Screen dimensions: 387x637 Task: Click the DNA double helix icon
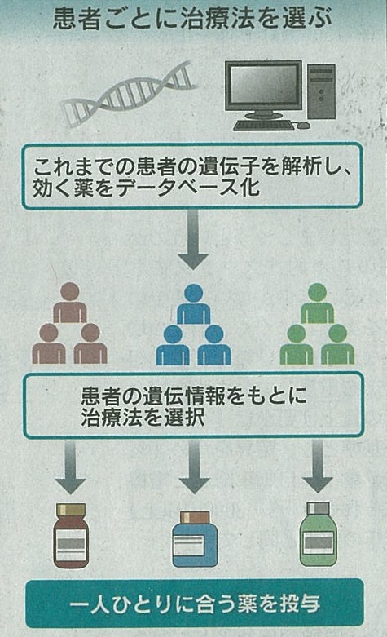click(129, 95)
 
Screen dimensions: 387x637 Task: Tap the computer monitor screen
click(264, 85)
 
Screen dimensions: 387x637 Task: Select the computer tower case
click(321, 91)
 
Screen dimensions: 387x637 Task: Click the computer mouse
click(303, 125)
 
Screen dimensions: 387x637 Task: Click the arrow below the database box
click(194, 240)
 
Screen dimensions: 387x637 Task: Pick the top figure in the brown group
click(70, 303)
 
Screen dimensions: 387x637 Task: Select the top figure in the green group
click(317, 303)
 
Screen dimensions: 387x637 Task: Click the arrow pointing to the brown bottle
click(70, 467)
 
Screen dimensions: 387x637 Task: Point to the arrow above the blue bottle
click(194, 467)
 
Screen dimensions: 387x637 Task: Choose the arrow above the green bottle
click(318, 467)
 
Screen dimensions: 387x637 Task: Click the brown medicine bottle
click(71, 535)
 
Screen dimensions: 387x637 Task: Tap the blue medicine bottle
click(195, 539)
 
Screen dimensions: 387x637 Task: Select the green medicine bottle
click(319, 534)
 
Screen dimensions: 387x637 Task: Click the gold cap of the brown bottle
click(71, 510)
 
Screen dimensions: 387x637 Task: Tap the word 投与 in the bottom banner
click(300, 604)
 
